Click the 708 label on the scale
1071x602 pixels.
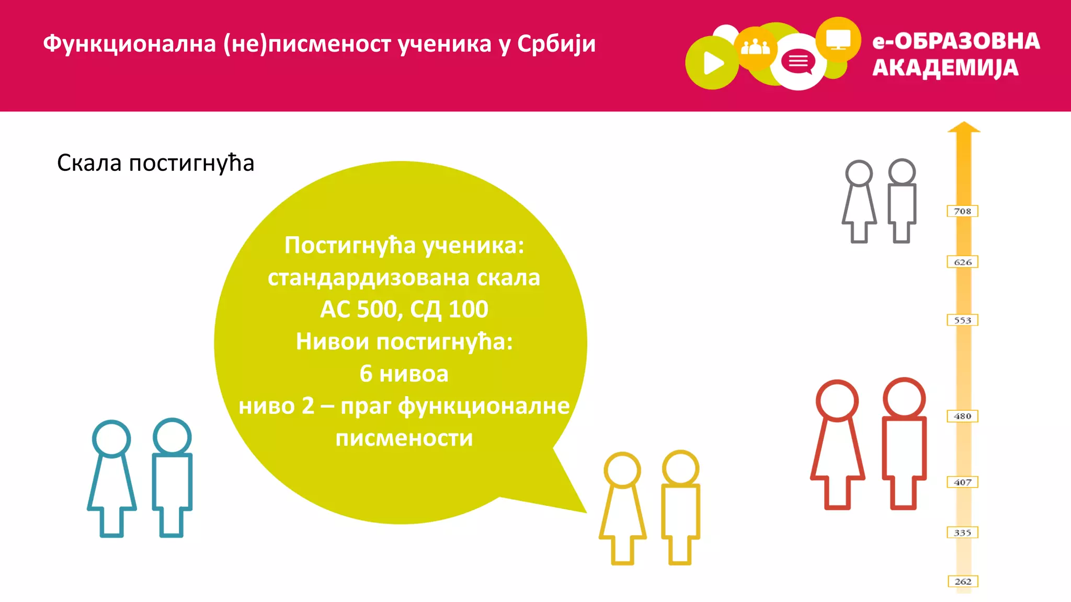click(962, 211)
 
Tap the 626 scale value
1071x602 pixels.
click(962, 262)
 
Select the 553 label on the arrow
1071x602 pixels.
click(962, 320)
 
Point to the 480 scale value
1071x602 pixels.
click(962, 416)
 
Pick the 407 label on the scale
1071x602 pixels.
click(962, 482)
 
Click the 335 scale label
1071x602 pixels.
click(962, 532)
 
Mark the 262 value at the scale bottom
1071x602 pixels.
click(963, 581)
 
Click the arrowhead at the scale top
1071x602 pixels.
click(964, 128)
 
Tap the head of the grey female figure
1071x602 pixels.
click(859, 173)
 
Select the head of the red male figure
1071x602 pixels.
click(904, 398)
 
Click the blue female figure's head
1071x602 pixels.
click(111, 438)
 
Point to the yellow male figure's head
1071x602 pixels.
click(680, 468)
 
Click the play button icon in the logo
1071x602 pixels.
click(713, 63)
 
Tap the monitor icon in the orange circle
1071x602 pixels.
click(838, 39)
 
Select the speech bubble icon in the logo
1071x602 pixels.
click(798, 62)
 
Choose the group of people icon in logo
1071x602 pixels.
click(755, 48)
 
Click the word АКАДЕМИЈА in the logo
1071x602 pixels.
click(945, 68)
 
